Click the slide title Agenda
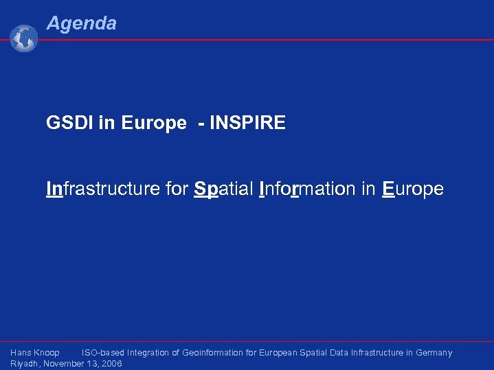(81, 23)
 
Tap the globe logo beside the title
(24, 38)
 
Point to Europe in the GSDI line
(154, 124)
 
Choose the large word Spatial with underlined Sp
(224, 188)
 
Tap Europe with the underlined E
(412, 188)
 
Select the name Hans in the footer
(21, 353)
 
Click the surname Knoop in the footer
(47, 353)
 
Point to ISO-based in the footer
(102, 353)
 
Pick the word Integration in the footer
(148, 353)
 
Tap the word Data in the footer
(339, 353)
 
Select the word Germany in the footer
(434, 353)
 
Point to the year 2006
(111, 364)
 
